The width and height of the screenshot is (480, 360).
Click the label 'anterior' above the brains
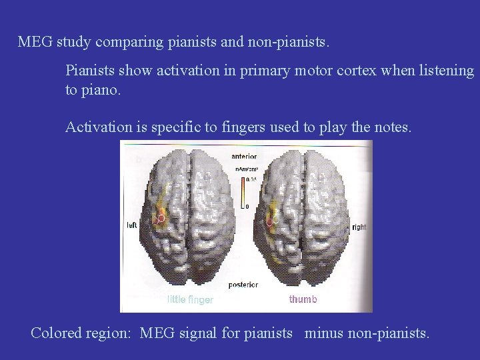click(x=245, y=156)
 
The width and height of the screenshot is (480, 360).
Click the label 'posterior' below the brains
click(x=244, y=285)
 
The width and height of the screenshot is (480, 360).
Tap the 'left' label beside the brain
click(x=132, y=225)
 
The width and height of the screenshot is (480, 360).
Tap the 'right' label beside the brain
click(x=359, y=227)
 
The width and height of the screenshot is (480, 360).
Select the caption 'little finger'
click(x=190, y=300)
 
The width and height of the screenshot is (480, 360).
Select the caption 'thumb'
click(x=303, y=299)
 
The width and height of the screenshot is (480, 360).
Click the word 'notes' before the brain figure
click(x=393, y=127)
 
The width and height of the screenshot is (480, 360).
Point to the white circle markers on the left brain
click(x=159, y=219)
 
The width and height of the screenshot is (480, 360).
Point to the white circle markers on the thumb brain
click(x=272, y=219)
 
